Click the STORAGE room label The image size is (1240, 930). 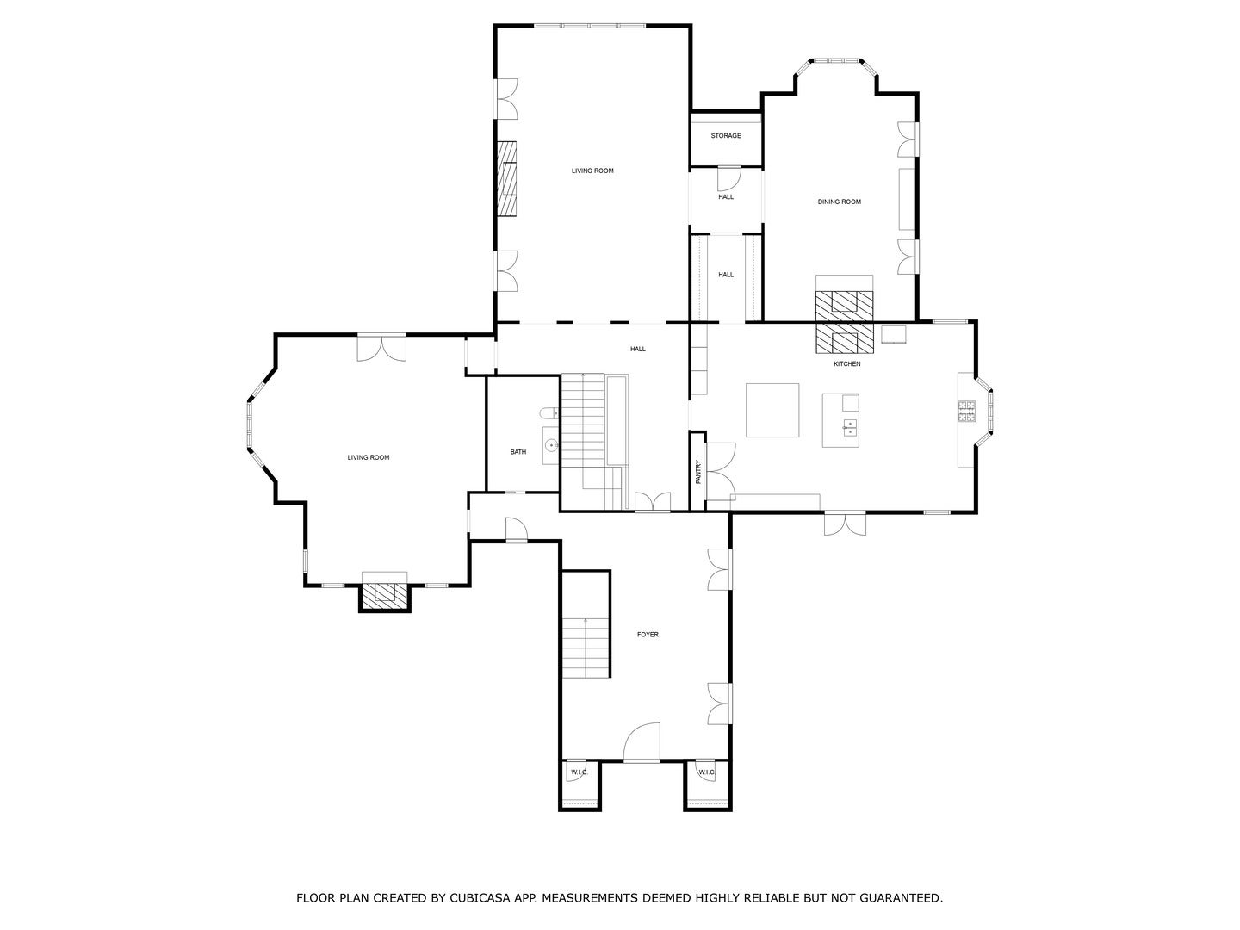point(725,136)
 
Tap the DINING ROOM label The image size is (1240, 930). point(839,202)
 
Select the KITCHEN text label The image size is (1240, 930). point(846,364)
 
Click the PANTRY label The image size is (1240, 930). point(698,471)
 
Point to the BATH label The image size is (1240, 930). point(518,452)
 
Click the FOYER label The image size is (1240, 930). point(648,635)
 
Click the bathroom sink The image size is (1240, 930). point(551,446)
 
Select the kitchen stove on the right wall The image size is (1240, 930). point(966,412)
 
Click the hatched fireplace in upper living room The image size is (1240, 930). point(507,178)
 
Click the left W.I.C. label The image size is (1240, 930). point(579,772)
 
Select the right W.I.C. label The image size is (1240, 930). point(706,772)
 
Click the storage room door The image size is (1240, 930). point(728,177)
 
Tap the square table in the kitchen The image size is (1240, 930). point(772,411)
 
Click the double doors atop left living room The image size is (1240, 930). point(381,346)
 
